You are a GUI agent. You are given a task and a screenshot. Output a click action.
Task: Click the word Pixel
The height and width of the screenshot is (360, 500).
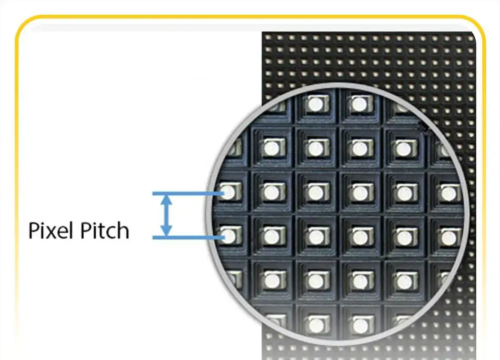(x=52, y=230)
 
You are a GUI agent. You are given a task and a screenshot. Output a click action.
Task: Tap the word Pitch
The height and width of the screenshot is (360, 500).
(x=105, y=230)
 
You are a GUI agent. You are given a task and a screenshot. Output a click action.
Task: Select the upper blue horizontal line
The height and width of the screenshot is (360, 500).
(x=188, y=194)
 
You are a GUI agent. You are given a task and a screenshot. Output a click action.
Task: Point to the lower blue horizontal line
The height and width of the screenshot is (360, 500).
(x=188, y=237)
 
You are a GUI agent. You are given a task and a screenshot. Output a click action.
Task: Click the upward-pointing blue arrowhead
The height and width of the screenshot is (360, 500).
(x=166, y=200)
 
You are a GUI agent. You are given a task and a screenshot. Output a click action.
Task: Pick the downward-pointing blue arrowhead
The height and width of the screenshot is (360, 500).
(x=166, y=231)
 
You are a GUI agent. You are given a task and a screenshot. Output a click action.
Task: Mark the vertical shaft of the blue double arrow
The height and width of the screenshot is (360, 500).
(x=166, y=216)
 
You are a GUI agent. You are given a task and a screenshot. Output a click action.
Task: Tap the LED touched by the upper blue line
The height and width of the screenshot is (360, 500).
(x=230, y=192)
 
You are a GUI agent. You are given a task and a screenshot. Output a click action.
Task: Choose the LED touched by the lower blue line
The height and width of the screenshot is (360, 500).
(x=230, y=236)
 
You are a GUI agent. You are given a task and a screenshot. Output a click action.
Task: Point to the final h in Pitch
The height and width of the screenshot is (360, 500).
(x=123, y=230)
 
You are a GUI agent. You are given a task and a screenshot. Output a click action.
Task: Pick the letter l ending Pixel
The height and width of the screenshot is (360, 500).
(x=75, y=230)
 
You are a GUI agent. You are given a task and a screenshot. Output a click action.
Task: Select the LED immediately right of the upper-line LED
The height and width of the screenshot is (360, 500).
(x=272, y=192)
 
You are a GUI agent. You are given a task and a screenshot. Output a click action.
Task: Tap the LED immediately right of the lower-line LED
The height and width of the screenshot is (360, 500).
(x=272, y=236)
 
